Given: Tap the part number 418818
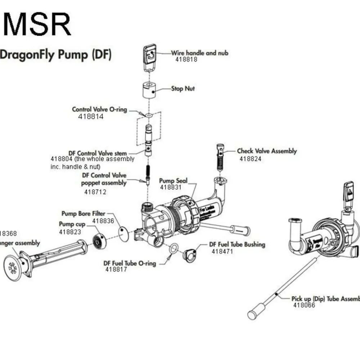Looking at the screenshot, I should point(186,60).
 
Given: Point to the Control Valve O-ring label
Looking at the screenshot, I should point(100,109).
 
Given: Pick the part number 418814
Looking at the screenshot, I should point(91,117).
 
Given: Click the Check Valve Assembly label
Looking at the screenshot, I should point(267,151).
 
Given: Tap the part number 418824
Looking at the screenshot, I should point(251,159).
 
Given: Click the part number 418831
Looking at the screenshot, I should point(171,187).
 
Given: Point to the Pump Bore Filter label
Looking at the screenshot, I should point(83,214).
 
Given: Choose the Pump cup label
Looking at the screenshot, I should point(72,224).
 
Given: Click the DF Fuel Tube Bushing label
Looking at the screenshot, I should point(237,244).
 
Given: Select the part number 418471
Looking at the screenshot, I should point(222,251).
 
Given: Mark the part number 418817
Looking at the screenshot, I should point(116,269).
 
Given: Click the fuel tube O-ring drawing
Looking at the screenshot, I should point(173,248).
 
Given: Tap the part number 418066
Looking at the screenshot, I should point(304,305).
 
